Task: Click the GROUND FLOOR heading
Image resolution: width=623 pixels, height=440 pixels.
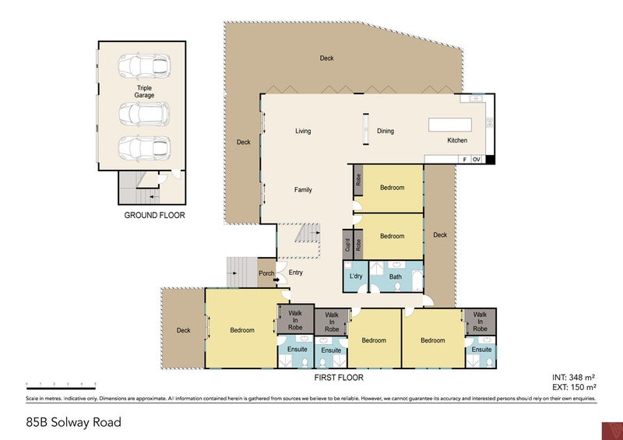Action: (x=155, y=215)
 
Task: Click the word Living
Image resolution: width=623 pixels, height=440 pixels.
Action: (x=303, y=131)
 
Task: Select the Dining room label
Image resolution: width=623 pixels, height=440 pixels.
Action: (x=385, y=131)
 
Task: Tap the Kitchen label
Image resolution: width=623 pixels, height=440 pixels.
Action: (x=456, y=141)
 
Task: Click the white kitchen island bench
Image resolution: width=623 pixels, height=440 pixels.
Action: (x=451, y=125)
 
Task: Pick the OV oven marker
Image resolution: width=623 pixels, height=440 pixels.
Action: (x=477, y=160)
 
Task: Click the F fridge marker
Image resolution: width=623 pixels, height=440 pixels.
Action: (x=464, y=160)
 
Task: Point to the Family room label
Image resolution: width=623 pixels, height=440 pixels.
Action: (x=303, y=190)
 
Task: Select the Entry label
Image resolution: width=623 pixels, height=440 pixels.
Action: (x=296, y=273)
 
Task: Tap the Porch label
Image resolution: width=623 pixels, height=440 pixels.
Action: (x=266, y=273)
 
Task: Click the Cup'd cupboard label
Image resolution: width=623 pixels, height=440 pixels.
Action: (x=347, y=245)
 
